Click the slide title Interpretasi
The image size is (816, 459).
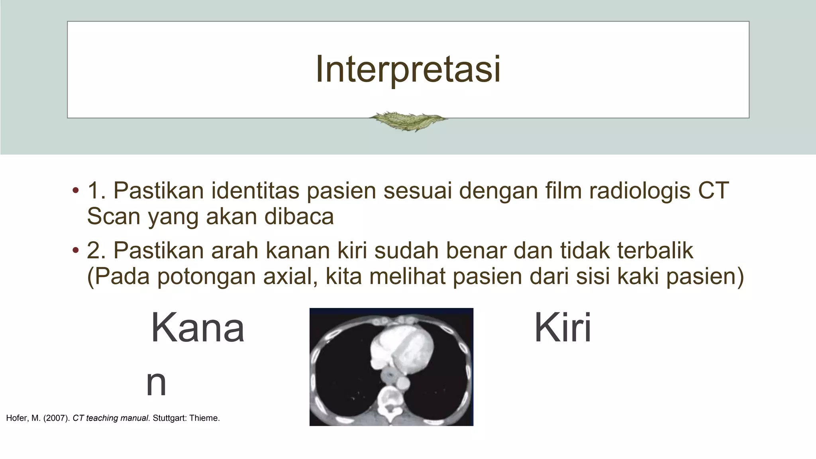(x=408, y=69)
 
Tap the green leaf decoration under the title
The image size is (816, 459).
(x=408, y=120)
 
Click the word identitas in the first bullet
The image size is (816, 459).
(x=255, y=190)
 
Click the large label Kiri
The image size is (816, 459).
(x=563, y=328)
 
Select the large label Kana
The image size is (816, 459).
(x=198, y=328)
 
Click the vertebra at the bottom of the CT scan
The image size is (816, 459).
(x=388, y=402)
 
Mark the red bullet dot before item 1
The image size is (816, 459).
(x=75, y=190)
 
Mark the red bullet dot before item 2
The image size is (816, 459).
(x=75, y=251)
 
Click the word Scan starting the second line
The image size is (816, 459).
(x=114, y=217)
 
